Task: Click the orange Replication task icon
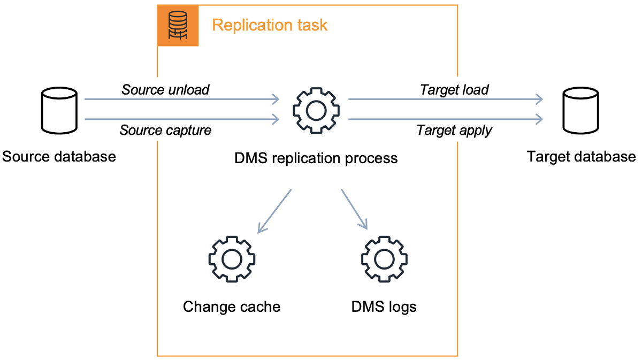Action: [x=178, y=26]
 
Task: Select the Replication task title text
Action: [x=270, y=25]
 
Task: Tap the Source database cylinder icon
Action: [x=59, y=111]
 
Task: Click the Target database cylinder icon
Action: [x=582, y=111]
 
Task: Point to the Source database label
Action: [x=59, y=157]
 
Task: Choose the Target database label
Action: [x=582, y=157]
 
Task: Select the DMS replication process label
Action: [x=316, y=158]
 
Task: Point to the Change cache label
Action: [x=231, y=307]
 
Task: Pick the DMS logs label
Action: [x=384, y=307]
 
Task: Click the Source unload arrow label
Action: [x=165, y=89]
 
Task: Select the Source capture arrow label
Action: [x=165, y=130]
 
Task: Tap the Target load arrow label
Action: [x=454, y=89]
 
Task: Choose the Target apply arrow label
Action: [x=454, y=130]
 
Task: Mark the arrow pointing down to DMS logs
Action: [x=355, y=210]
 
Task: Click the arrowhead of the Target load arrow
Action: [x=539, y=99]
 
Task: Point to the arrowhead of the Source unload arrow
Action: [x=276, y=99]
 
